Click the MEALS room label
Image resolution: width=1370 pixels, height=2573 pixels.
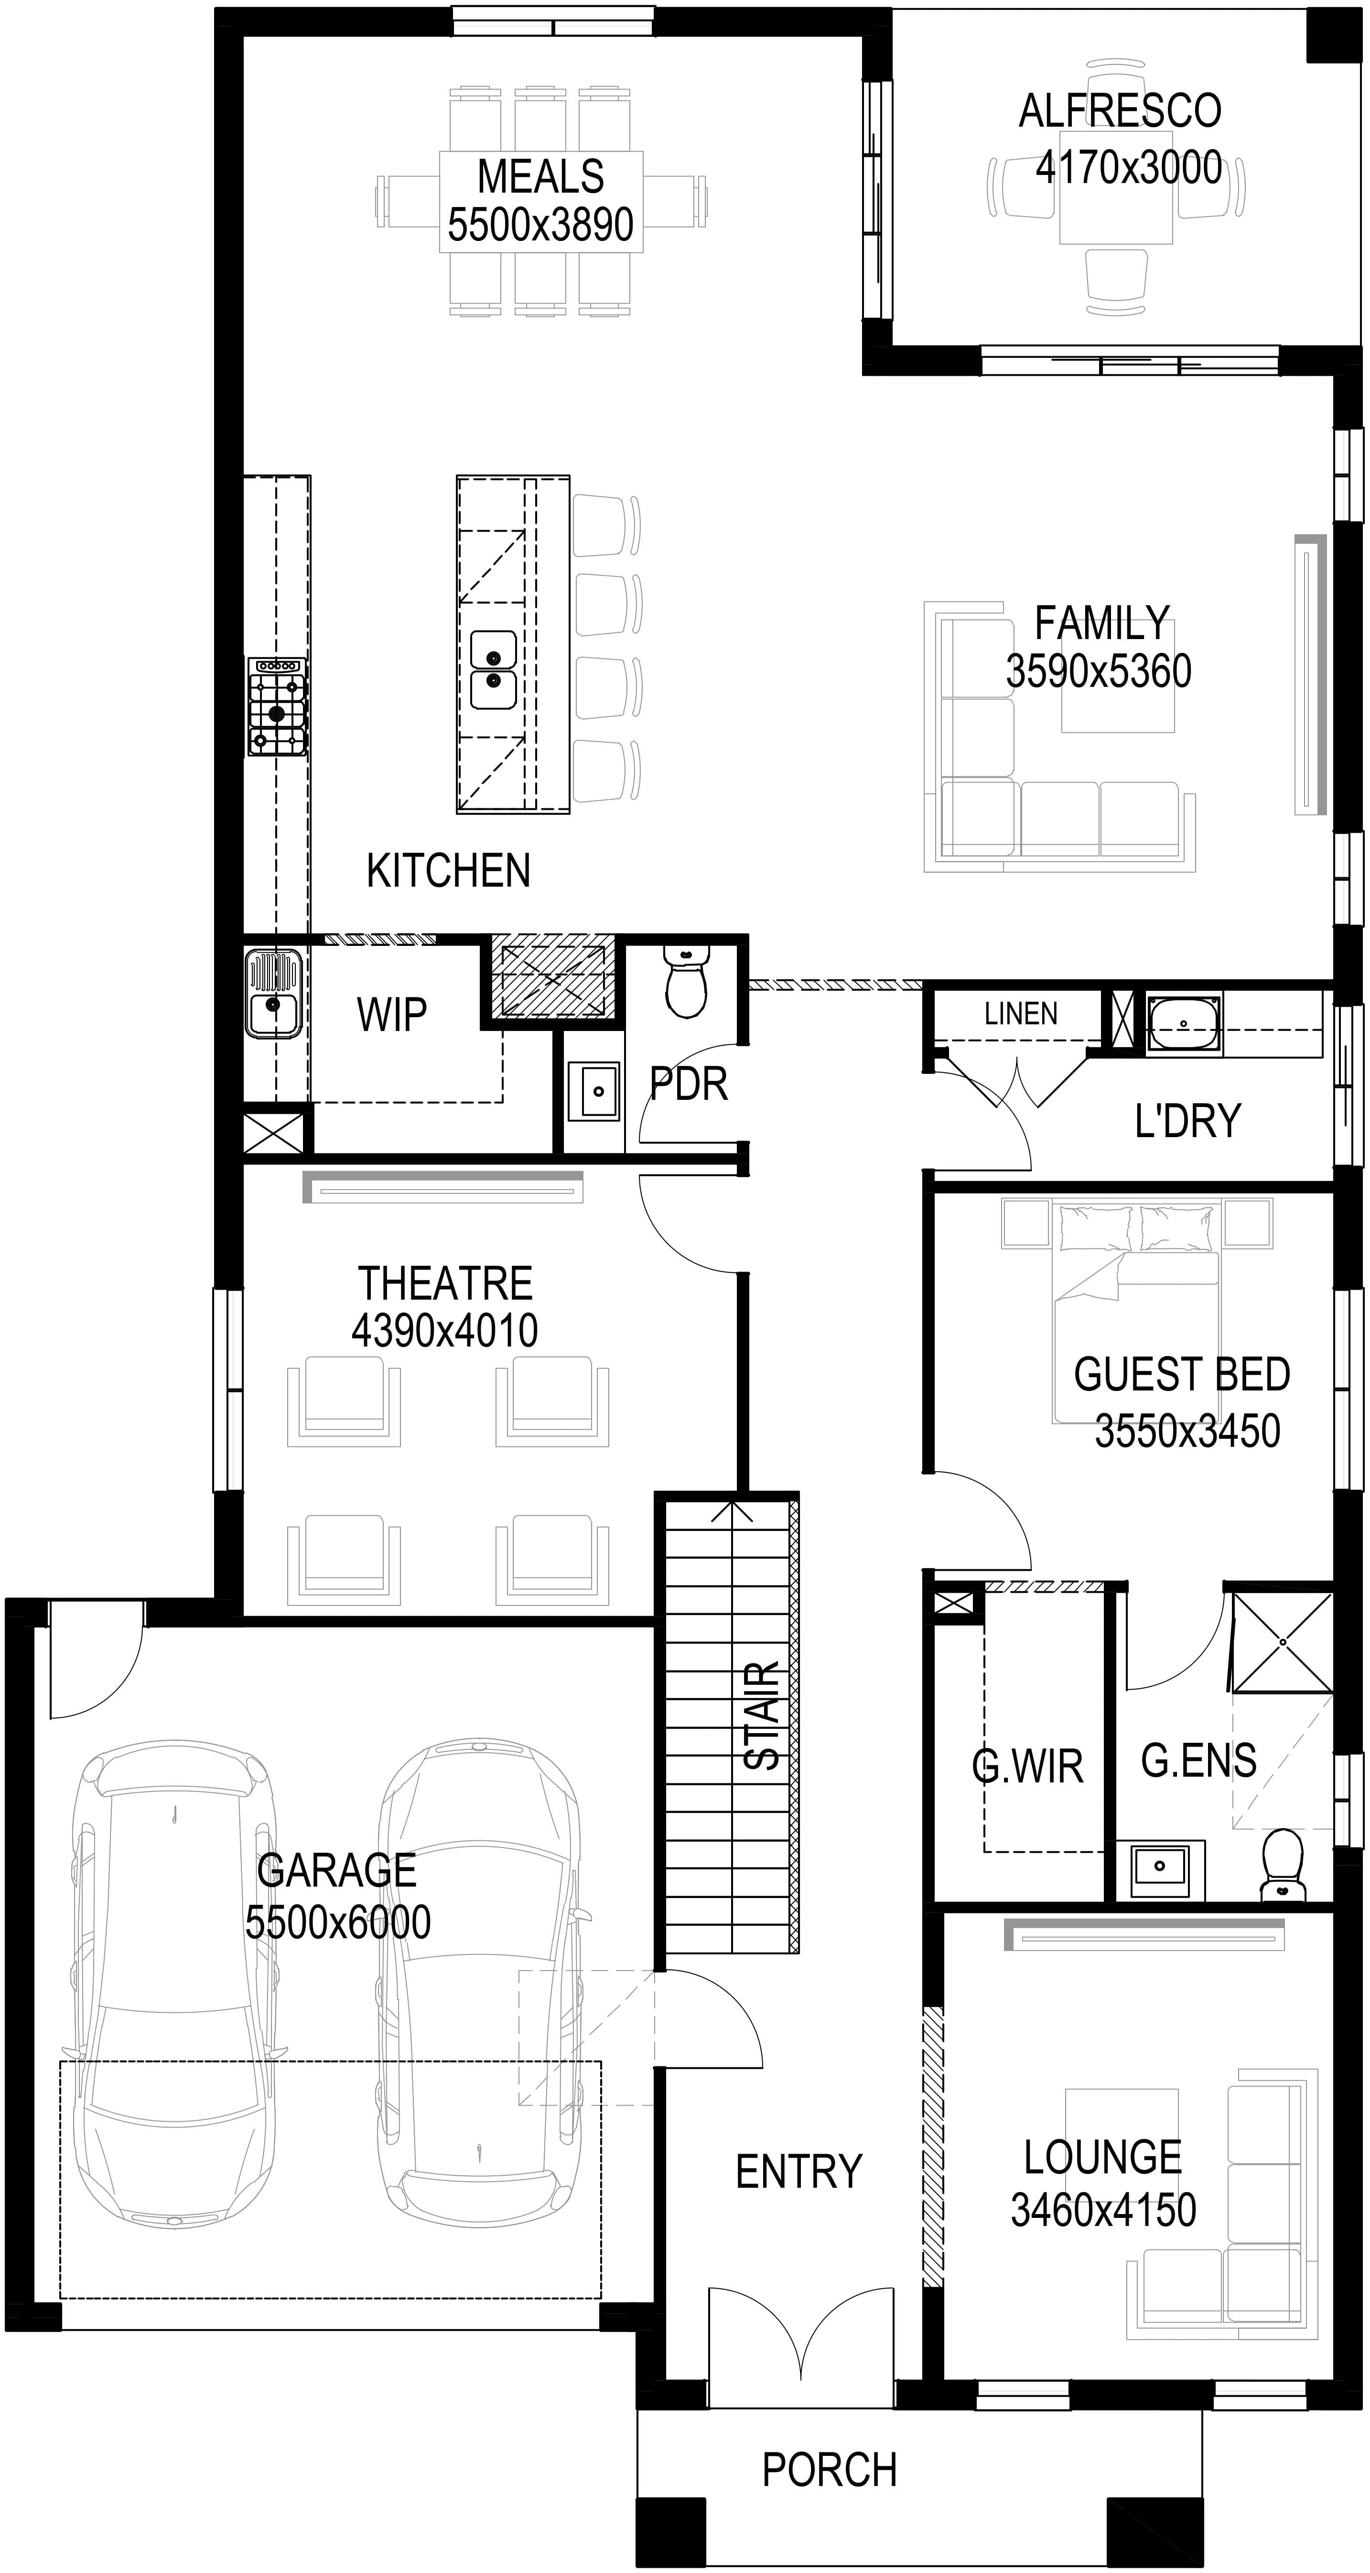(540, 177)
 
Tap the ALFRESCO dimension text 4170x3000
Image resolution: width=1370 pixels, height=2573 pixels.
(1128, 168)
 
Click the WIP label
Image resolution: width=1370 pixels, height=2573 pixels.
(391, 1015)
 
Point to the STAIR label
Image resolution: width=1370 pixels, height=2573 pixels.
(763, 1716)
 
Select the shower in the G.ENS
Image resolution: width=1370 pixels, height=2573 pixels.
(1282, 1642)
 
